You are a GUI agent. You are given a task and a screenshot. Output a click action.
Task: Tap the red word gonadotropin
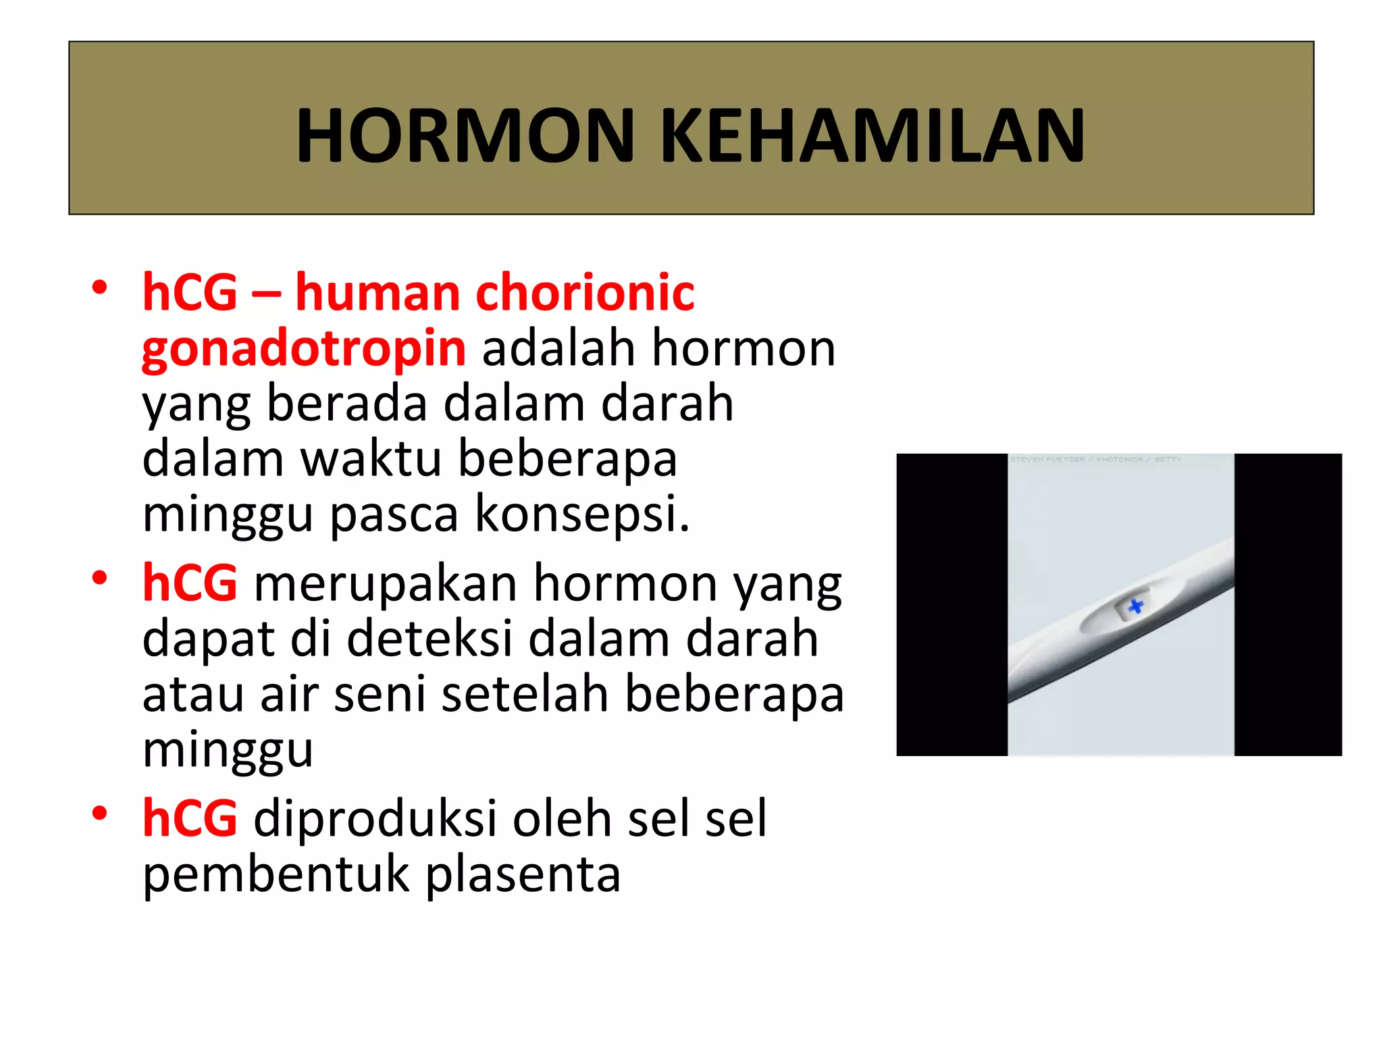point(303,349)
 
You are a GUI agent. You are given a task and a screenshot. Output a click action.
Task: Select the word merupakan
point(385,583)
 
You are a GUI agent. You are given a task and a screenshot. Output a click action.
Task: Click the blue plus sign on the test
point(1136,606)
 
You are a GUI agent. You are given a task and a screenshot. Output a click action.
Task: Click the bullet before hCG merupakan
point(100,578)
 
